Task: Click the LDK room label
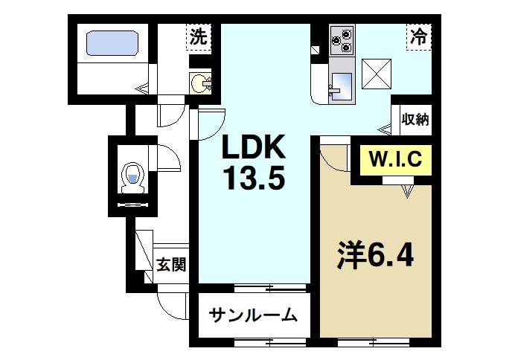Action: click(x=252, y=150)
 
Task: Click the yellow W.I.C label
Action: click(x=395, y=158)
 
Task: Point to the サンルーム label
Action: click(x=253, y=315)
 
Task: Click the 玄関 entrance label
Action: click(x=170, y=265)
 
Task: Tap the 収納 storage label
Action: click(x=415, y=119)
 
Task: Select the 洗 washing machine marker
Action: click(x=199, y=36)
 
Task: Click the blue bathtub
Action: click(x=112, y=42)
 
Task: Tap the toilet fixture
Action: click(x=132, y=177)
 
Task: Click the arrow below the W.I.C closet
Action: click(x=406, y=192)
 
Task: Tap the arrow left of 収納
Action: click(x=385, y=130)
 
